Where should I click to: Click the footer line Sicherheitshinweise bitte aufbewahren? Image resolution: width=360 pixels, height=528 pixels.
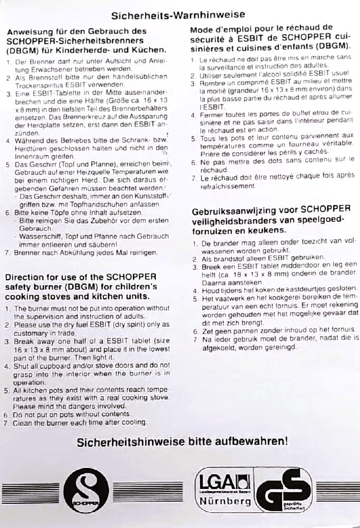(182, 442)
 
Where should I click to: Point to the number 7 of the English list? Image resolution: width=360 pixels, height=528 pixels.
(7, 422)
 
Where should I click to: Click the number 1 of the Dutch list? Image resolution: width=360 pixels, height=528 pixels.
(195, 245)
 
